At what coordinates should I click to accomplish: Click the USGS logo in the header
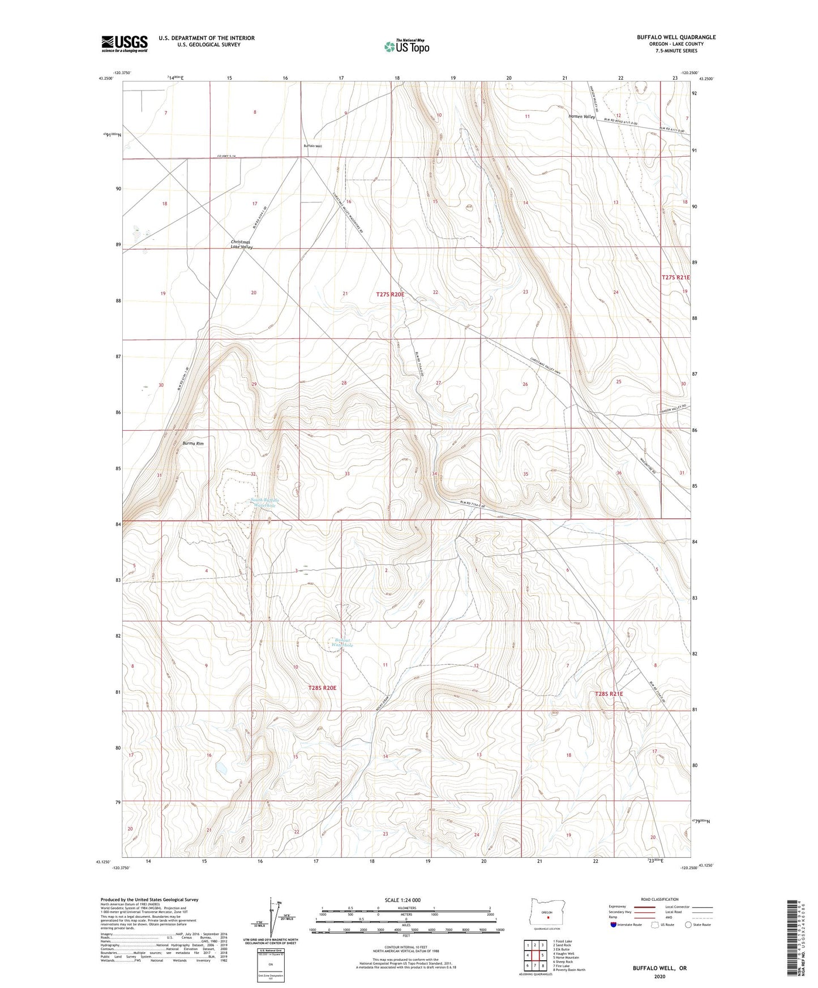click(x=125, y=44)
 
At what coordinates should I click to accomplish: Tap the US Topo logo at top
click(x=406, y=46)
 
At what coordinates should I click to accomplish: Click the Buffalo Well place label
click(x=312, y=146)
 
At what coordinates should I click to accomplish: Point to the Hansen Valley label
click(x=582, y=117)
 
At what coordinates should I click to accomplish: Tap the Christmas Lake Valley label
click(x=242, y=244)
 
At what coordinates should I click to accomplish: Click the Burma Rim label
click(x=193, y=444)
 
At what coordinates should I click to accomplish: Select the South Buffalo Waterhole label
click(x=264, y=502)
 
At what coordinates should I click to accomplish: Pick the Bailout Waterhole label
click(x=342, y=642)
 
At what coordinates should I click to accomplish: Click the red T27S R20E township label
click(x=391, y=294)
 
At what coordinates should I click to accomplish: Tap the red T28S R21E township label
click(x=609, y=694)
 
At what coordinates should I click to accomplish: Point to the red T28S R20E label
click(x=322, y=688)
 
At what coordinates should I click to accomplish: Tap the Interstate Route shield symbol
click(x=614, y=925)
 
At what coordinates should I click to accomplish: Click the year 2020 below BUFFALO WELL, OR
click(x=659, y=976)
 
